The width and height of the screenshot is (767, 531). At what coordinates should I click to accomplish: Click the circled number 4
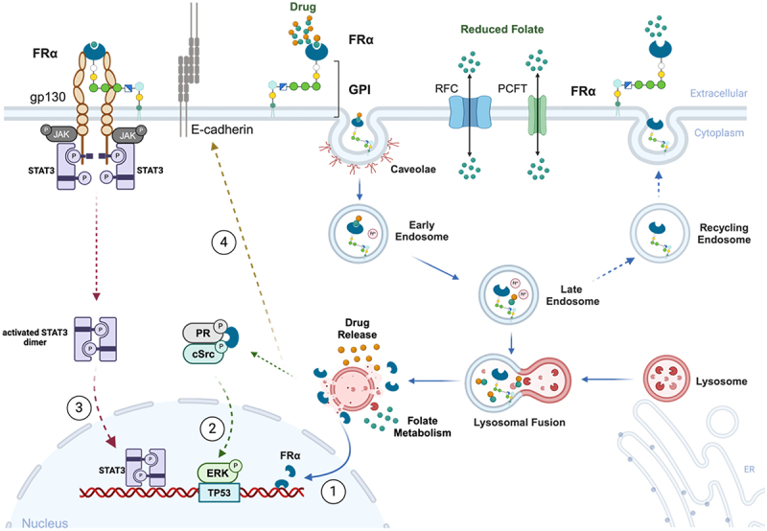223,242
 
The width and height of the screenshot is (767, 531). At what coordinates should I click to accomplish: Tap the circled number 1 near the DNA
333,491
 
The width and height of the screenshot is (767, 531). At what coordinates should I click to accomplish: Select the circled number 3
79,406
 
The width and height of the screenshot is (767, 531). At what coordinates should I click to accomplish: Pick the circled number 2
212,428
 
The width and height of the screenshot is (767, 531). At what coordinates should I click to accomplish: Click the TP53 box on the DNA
220,493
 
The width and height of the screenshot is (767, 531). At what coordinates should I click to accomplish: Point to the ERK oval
218,473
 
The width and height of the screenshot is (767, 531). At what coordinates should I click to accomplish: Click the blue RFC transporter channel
470,112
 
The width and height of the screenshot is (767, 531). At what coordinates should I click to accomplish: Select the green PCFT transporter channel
537,115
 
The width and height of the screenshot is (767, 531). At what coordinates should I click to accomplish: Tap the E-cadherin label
222,129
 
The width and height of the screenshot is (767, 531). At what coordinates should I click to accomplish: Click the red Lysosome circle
666,379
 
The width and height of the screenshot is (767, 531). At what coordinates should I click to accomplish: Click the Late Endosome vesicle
509,296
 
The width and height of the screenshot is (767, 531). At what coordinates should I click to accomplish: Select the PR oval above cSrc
203,333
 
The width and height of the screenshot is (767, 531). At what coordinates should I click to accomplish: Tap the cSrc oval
203,353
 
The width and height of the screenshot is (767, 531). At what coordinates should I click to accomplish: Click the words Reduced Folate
501,30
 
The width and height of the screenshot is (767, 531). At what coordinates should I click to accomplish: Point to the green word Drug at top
303,7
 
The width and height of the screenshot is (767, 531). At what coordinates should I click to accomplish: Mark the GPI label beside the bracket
360,89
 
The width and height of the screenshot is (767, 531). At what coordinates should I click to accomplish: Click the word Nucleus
45,523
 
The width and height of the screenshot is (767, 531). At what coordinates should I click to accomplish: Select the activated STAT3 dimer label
35,337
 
